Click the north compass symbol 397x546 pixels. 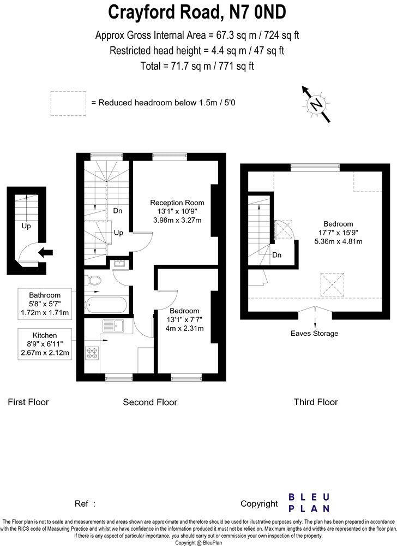315,104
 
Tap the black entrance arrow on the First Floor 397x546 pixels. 47,252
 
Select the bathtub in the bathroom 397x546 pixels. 107,304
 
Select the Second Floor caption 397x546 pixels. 150,402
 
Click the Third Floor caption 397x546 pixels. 316,402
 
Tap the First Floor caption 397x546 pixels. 28,402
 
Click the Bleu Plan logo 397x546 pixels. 309,502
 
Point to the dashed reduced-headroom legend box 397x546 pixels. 68,103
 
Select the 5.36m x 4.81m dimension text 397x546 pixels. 338,241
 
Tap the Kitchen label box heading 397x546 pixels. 45,335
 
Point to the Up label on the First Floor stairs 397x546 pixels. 26,225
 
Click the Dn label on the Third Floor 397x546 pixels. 276,254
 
